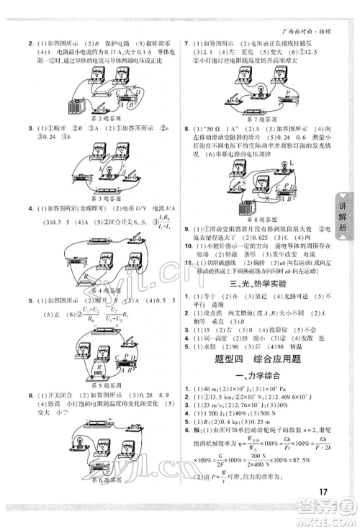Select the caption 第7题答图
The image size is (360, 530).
click(x=259, y=117)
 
